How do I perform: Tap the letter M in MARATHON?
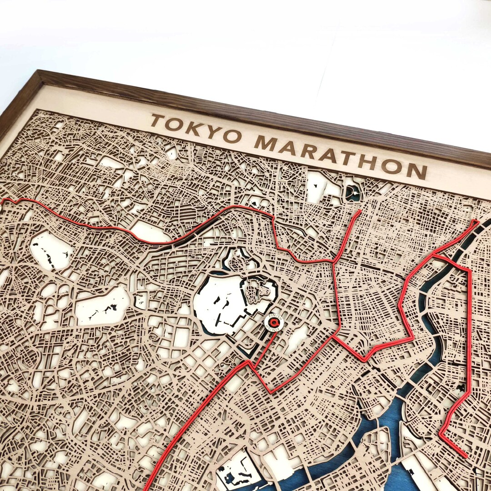tap(265, 143)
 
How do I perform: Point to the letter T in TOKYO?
tap(157, 120)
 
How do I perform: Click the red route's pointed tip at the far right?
tap(476, 221)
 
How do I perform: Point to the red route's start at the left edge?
tap(4, 200)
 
